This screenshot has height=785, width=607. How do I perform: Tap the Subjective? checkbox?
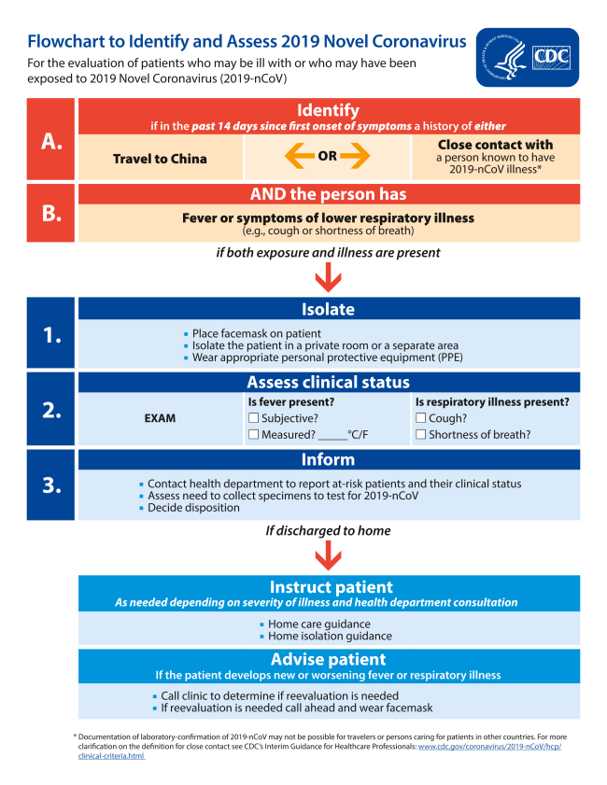click(x=253, y=418)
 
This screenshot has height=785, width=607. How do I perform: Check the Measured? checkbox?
click(x=253, y=435)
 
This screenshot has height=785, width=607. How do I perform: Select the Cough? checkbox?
click(x=420, y=418)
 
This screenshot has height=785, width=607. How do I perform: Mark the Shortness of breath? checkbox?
click(x=420, y=435)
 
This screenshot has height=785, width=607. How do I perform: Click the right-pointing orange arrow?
click(x=356, y=157)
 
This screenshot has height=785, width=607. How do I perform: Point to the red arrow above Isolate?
click(x=328, y=277)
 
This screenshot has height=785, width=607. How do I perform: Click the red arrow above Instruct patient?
click(x=328, y=556)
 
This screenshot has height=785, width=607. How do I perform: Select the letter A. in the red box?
click(x=51, y=140)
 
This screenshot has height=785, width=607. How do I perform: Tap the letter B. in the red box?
click(x=51, y=213)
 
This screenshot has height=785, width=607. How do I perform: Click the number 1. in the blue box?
click(x=51, y=333)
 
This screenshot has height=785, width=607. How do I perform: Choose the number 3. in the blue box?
click(x=51, y=484)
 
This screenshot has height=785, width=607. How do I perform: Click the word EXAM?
click(x=160, y=418)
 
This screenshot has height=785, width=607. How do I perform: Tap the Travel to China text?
click(x=160, y=159)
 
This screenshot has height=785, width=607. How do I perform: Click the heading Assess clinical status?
click(x=328, y=383)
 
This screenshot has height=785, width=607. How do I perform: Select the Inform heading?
click(x=328, y=459)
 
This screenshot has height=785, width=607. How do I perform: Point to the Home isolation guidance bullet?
click(x=330, y=637)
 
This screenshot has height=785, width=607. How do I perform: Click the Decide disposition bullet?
click(x=194, y=509)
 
